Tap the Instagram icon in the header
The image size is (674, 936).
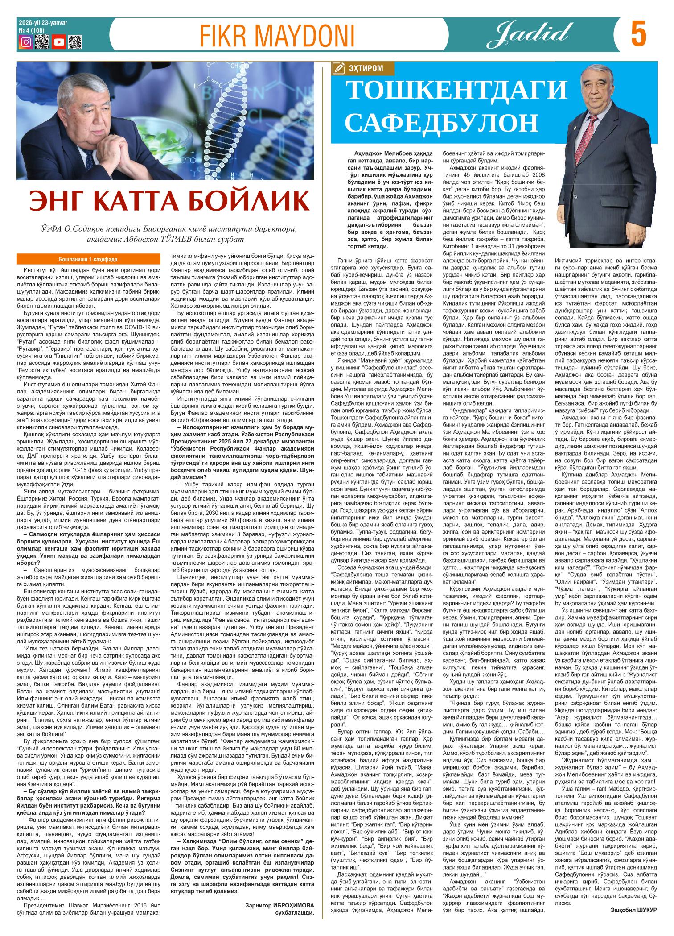pyautogui.click(x=26, y=42)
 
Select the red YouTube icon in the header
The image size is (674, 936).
pyautogui.click(x=58, y=42)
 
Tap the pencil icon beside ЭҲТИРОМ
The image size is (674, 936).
pyautogui.click(x=338, y=68)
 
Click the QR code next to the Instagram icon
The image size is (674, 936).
pyautogui.click(x=42, y=42)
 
